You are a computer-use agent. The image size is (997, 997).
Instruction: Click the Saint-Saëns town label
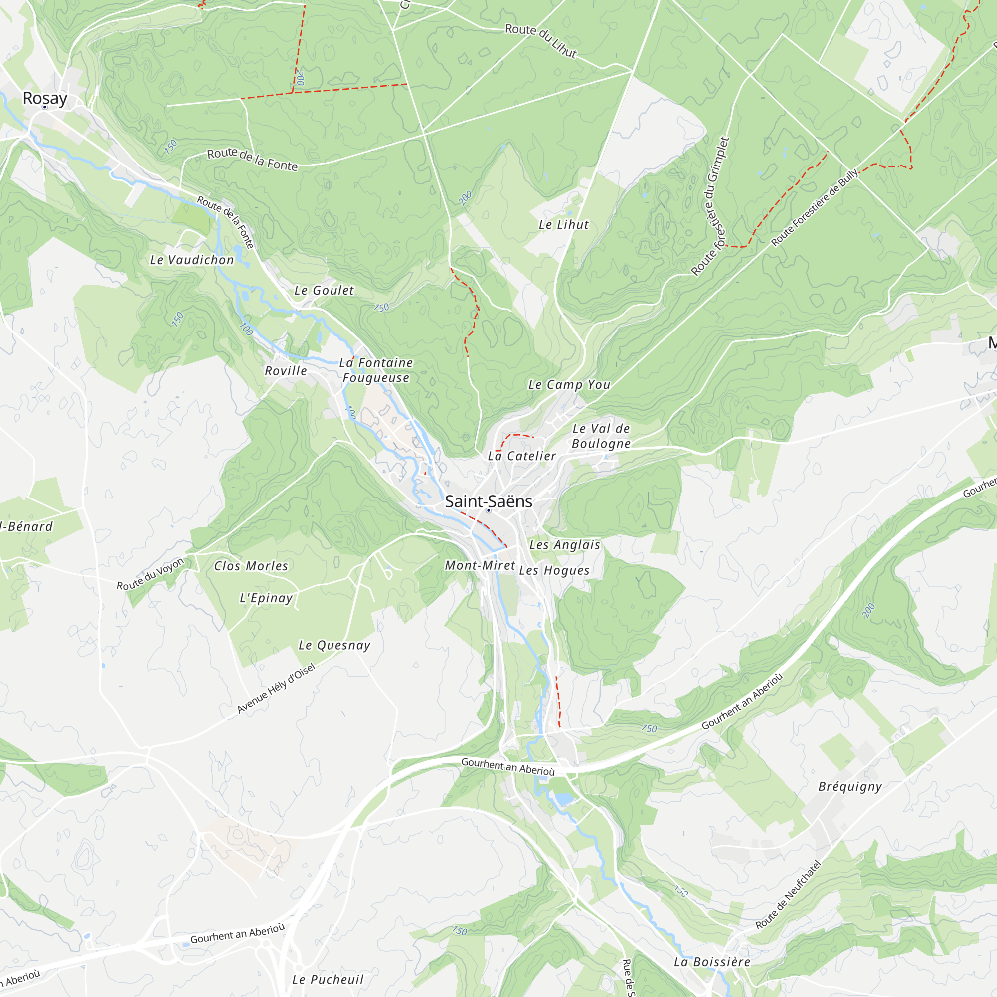click(488, 501)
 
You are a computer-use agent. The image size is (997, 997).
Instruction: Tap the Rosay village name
click(45, 98)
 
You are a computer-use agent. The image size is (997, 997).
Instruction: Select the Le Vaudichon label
click(191, 260)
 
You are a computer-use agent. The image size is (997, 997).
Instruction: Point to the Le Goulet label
click(324, 291)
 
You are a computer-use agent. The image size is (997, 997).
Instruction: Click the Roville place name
click(286, 371)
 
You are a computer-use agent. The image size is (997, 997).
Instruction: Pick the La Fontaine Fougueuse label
click(376, 370)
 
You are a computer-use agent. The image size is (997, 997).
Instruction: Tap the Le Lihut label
click(563, 225)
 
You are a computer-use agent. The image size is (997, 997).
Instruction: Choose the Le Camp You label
click(569, 385)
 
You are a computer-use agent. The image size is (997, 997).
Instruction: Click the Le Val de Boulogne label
click(601, 436)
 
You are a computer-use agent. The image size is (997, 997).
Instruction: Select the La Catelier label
click(522, 456)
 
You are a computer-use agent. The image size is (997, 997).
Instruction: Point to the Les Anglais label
click(565, 545)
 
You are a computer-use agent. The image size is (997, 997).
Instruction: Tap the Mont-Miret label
click(480, 566)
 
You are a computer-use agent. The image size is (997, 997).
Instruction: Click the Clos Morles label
click(251, 566)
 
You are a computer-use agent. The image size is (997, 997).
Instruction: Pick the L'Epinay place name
click(266, 598)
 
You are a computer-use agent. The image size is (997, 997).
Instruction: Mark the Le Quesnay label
click(334, 645)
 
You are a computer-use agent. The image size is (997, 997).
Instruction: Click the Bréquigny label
click(850, 787)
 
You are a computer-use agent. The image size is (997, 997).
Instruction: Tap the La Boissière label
click(712, 962)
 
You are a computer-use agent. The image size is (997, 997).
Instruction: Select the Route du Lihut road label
click(541, 40)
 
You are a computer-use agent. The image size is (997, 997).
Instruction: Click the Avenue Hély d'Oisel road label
click(276, 689)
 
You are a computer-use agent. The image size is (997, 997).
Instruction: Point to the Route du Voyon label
click(150, 574)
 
